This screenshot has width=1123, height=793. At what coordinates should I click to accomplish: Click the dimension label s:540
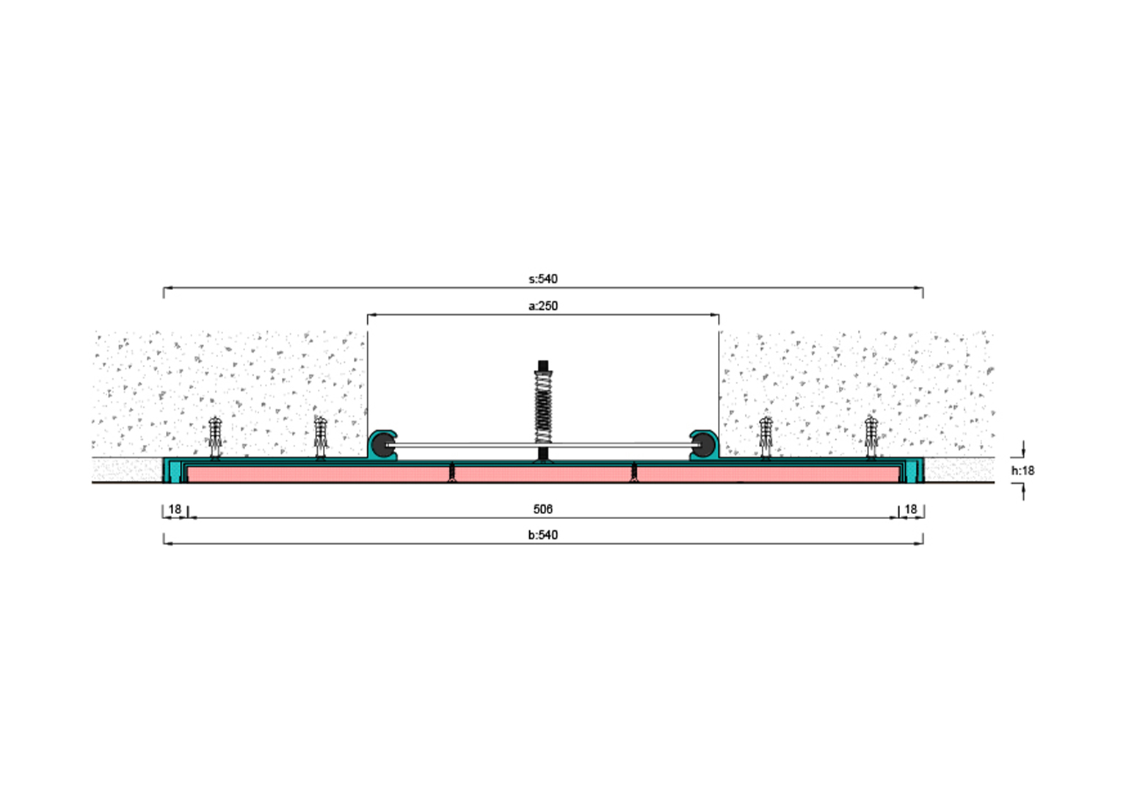[543, 279]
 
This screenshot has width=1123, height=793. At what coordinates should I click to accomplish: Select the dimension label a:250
[543, 306]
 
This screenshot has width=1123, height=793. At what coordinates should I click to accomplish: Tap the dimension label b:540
[543, 535]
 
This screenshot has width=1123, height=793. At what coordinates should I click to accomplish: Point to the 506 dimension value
[543, 509]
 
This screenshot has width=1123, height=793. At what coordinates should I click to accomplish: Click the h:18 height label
[1022, 471]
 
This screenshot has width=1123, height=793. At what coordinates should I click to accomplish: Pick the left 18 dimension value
[175, 509]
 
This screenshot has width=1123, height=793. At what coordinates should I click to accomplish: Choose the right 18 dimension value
[911, 509]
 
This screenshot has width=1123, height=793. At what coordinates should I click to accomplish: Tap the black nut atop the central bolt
[543, 366]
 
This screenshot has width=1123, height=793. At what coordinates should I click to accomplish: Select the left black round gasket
[384, 445]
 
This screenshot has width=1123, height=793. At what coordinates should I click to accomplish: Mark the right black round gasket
[702, 445]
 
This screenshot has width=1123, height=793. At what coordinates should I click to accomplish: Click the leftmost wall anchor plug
[214, 436]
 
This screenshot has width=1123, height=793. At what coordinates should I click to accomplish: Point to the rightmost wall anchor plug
[871, 436]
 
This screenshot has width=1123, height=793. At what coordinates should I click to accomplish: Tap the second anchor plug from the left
[321, 436]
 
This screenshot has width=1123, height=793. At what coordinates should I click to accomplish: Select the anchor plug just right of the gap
[766, 436]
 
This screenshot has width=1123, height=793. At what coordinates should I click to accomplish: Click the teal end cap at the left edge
[173, 470]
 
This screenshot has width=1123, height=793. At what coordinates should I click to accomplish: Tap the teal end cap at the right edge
[913, 470]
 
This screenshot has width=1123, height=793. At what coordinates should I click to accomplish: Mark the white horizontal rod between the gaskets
[470, 446]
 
